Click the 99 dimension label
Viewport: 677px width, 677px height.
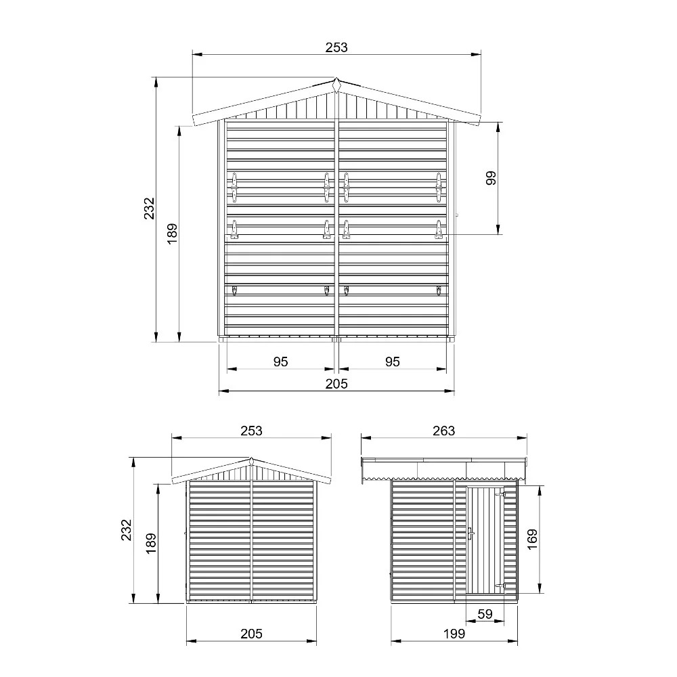(491, 178)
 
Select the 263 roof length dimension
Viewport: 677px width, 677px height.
(444, 431)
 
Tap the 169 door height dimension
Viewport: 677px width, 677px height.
(532, 540)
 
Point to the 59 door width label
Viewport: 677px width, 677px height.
(485, 614)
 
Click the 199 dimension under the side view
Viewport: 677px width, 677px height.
(454, 634)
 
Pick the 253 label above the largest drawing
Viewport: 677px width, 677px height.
(336, 47)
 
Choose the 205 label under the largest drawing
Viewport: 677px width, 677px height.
(336, 383)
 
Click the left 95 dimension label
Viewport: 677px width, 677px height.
(281, 362)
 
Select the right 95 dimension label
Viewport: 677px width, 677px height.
(393, 362)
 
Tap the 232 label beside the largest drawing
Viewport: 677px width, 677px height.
(149, 208)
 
